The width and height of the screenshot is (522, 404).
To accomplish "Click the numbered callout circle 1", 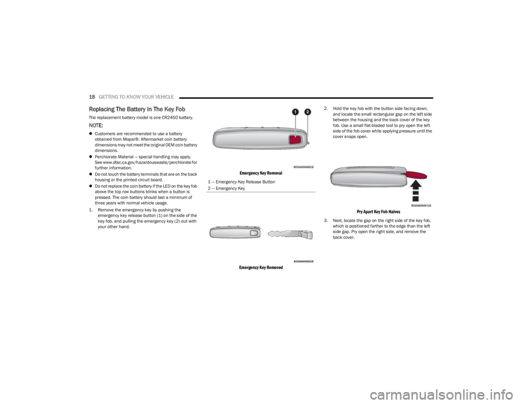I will click(x=295, y=112).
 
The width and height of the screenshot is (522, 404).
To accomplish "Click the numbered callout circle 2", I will click(x=307, y=112).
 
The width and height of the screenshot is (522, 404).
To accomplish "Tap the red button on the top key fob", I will click(x=295, y=139).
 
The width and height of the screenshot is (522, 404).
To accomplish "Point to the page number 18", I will click(x=92, y=96).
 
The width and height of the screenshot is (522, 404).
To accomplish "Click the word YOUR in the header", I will click(x=147, y=96).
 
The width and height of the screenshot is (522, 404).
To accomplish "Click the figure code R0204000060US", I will click(x=304, y=167).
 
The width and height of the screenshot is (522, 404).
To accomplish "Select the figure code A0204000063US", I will click(x=304, y=261).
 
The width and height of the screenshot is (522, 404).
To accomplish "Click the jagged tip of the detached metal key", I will click(x=271, y=234).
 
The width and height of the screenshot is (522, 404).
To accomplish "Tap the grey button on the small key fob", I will click(x=253, y=233).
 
